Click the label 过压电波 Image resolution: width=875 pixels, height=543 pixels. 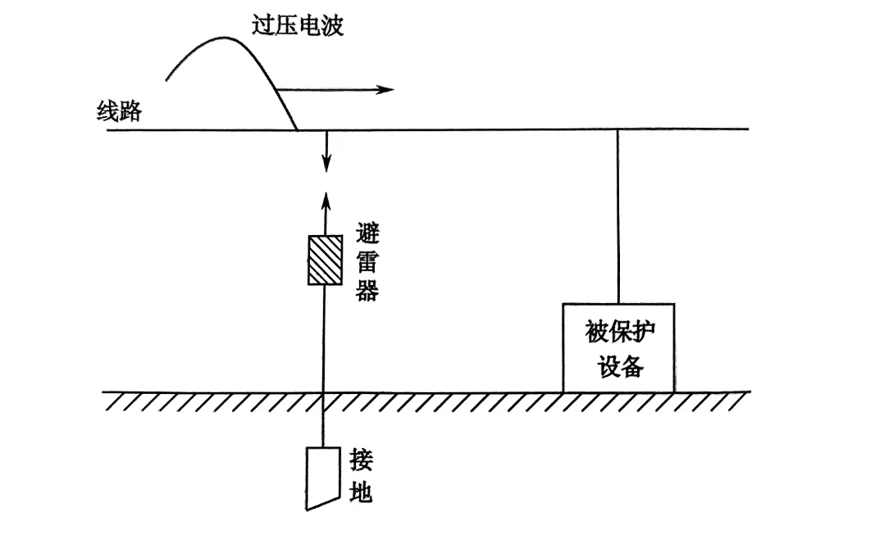click(x=297, y=25)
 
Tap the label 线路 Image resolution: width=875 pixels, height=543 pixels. click(x=119, y=111)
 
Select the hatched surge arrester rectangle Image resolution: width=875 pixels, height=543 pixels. click(x=325, y=260)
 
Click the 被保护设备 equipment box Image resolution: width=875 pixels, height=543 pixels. click(x=618, y=348)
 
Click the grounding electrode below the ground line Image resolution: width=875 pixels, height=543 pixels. click(x=323, y=476)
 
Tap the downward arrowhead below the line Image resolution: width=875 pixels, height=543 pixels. click(x=326, y=165)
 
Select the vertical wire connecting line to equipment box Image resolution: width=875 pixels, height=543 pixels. click(x=618, y=216)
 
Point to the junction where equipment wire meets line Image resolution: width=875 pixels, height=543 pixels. click(x=618, y=129)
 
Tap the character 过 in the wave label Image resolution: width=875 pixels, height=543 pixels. click(x=262, y=25)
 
